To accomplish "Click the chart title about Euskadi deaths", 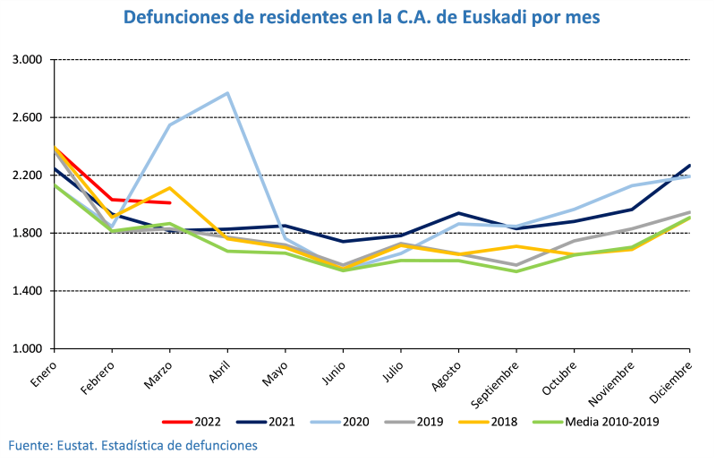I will pyautogui.click(x=362, y=18).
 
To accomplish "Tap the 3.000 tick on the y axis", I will pyautogui.click(x=28, y=60).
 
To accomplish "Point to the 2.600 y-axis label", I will pyautogui.click(x=28, y=117).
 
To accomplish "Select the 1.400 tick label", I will pyautogui.click(x=28, y=291).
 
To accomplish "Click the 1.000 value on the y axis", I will pyautogui.click(x=28, y=349).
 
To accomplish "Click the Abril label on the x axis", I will pyautogui.click(x=219, y=372).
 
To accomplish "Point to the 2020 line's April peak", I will pyautogui.click(x=227, y=93).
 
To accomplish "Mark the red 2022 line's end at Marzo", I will pyautogui.click(x=169, y=203).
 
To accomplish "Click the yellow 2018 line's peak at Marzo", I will pyautogui.click(x=169, y=188).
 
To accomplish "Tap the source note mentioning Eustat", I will pyautogui.click(x=133, y=445).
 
